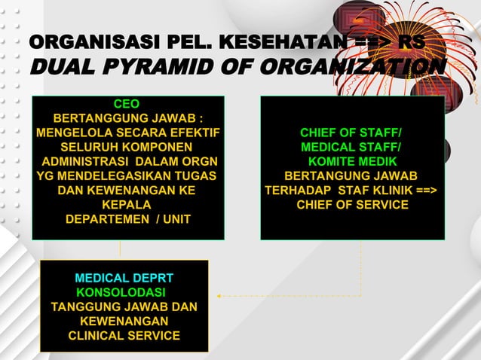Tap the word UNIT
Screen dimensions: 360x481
175,219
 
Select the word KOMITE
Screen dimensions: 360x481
332,162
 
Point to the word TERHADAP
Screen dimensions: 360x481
299,191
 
